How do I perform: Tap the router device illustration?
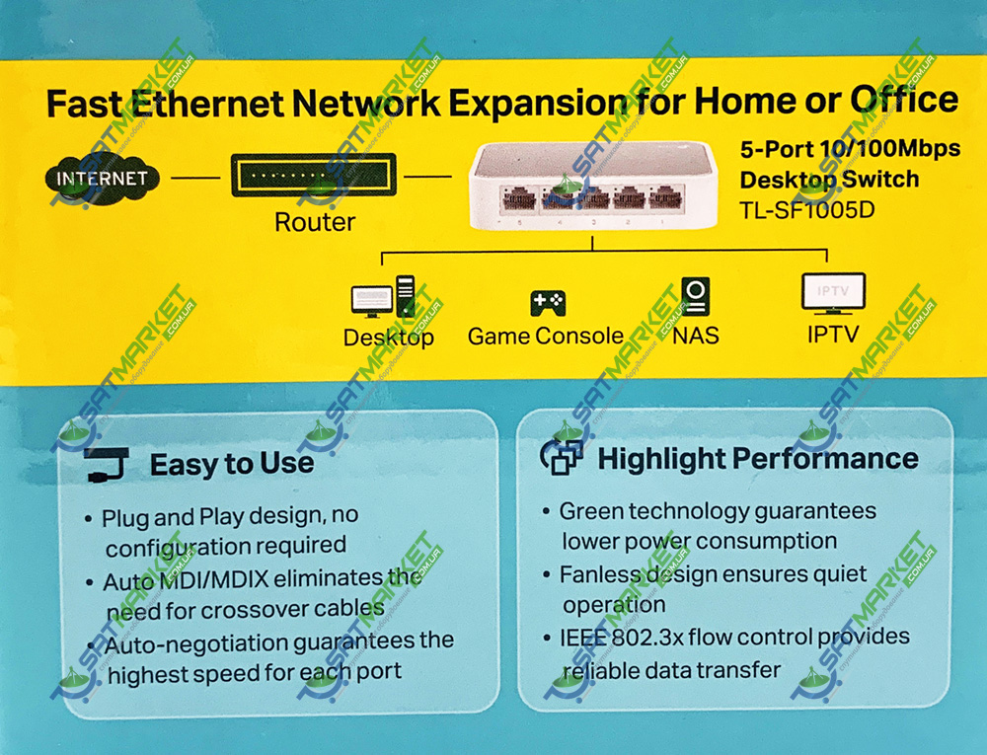click(314, 176)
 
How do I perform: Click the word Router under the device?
click(315, 222)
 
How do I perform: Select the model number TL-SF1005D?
click(807, 209)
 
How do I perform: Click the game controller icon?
click(548, 303)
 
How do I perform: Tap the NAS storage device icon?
click(696, 296)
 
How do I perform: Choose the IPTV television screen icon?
click(833, 292)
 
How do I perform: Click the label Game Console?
click(546, 336)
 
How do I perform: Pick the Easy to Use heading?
click(232, 464)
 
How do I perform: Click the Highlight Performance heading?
click(758, 459)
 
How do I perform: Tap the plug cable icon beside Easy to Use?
click(107, 465)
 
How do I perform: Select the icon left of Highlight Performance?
click(562, 456)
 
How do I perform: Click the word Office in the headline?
click(904, 100)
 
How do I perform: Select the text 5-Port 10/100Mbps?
click(851, 148)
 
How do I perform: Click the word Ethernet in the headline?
click(207, 104)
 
